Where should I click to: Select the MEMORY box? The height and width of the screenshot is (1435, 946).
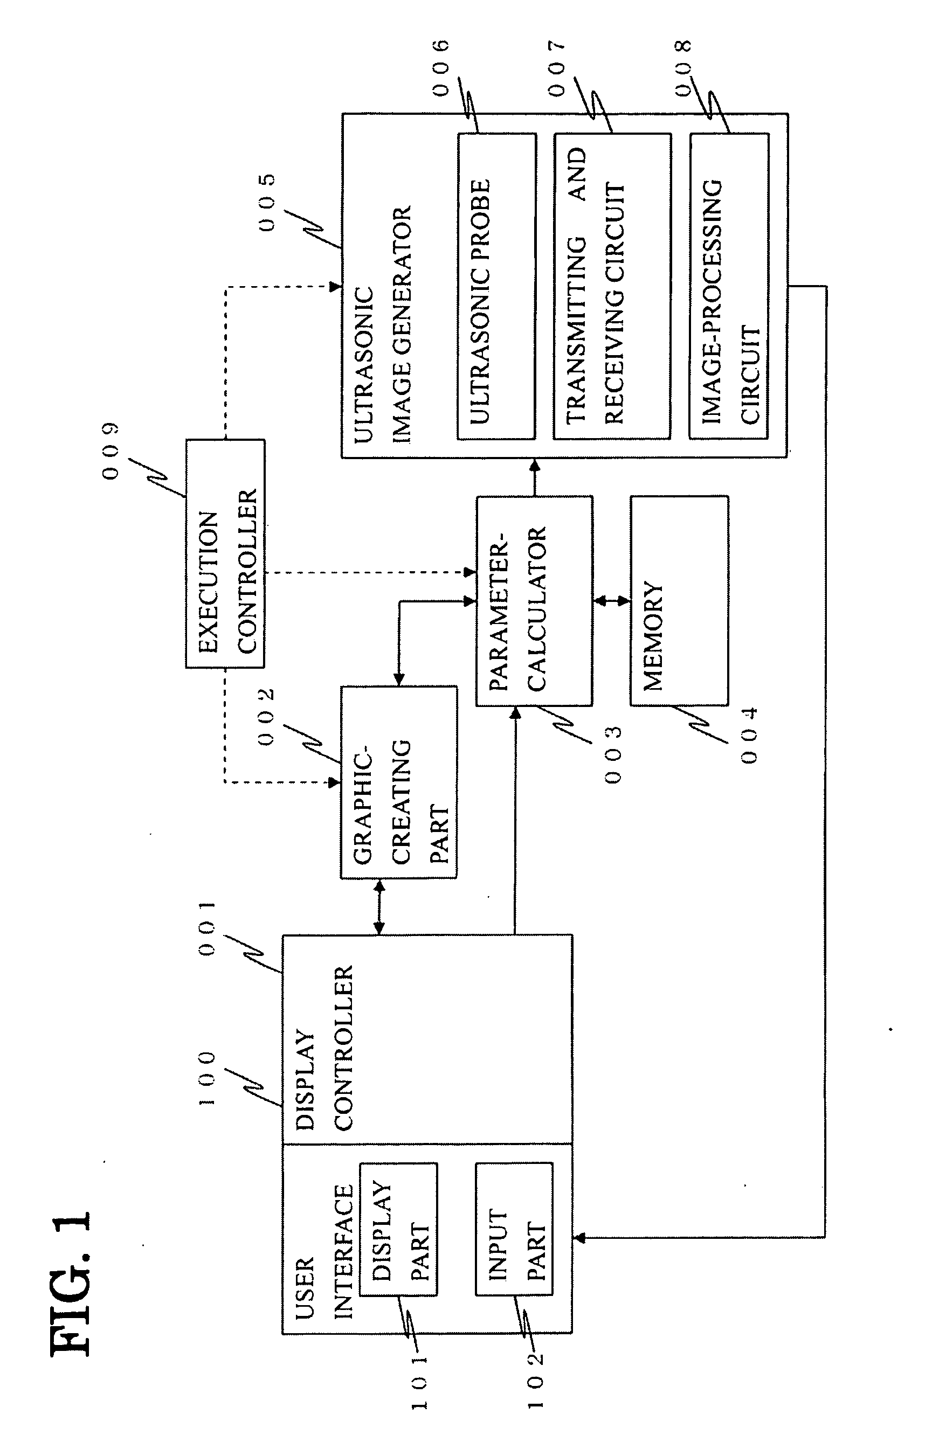pyautogui.click(x=679, y=600)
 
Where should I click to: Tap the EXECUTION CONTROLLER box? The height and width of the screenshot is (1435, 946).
pyautogui.click(x=225, y=553)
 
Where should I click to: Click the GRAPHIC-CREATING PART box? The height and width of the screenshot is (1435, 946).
pyautogui.click(x=399, y=782)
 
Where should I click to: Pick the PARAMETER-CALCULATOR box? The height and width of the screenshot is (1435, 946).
pyautogui.click(x=535, y=600)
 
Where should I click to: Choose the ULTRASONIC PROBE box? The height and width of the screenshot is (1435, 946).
pyautogui.click(x=496, y=286)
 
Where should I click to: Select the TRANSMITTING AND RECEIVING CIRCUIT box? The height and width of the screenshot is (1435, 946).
pyautogui.click(x=612, y=286)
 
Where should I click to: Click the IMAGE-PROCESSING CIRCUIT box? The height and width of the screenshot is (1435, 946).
pyautogui.click(x=729, y=286)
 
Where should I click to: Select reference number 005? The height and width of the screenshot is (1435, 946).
pyautogui.click(x=267, y=203)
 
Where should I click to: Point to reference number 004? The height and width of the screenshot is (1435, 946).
pyautogui.click(x=749, y=736)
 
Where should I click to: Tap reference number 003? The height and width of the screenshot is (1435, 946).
pyautogui.click(x=613, y=755)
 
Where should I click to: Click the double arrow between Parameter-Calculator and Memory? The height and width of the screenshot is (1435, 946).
pyautogui.click(x=612, y=600)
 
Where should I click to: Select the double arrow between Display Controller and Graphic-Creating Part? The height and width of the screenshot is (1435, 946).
pyautogui.click(x=379, y=907)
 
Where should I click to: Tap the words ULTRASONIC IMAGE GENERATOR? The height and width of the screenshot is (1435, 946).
pyautogui.click(x=383, y=325)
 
